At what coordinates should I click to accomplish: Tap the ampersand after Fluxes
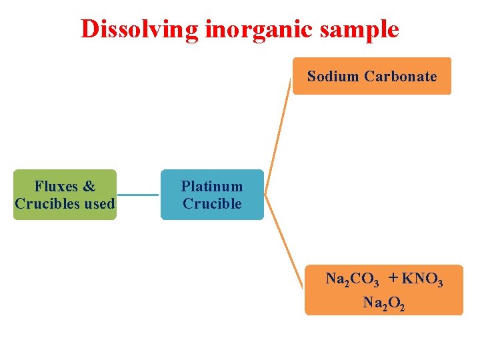[89, 186]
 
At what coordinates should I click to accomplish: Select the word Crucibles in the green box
[47, 203]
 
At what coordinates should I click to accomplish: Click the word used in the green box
[99, 203]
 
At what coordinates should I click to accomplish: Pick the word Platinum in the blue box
[212, 186]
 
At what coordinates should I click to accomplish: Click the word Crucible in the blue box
[212, 203]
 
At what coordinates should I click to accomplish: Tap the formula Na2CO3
[352, 279]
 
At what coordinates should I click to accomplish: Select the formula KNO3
[422, 279]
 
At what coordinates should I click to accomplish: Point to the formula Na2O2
[383, 303]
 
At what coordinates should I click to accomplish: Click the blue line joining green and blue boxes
[138, 195]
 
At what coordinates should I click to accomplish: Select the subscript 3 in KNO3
[439, 283]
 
